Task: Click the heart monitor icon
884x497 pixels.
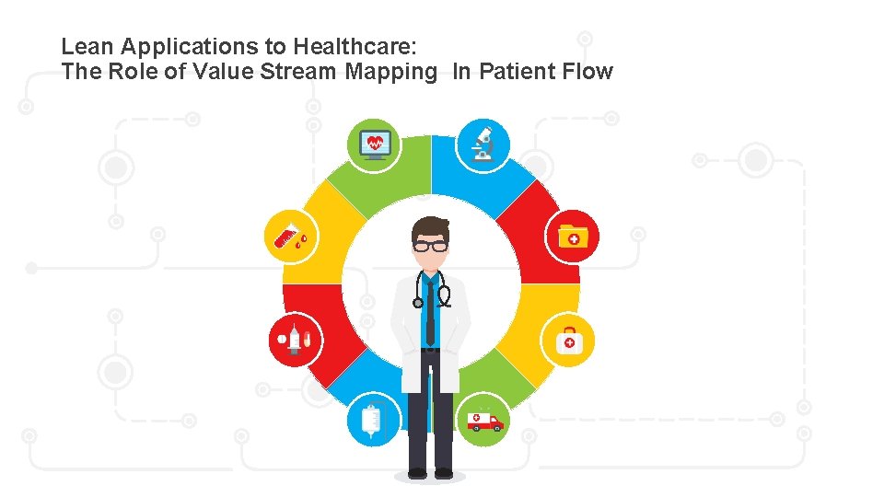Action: pyautogui.click(x=375, y=144)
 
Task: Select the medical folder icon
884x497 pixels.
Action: pyautogui.click(x=574, y=237)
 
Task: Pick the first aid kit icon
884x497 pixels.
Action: pyautogui.click(x=569, y=341)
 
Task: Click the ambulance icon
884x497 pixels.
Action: pyautogui.click(x=484, y=421)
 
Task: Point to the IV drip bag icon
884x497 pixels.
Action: pyautogui.click(x=373, y=421)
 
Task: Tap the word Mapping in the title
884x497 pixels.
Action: pyautogui.click(x=391, y=73)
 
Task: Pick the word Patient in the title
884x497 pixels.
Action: pyautogui.click(x=517, y=72)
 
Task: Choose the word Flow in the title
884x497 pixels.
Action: pyautogui.click(x=587, y=72)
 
